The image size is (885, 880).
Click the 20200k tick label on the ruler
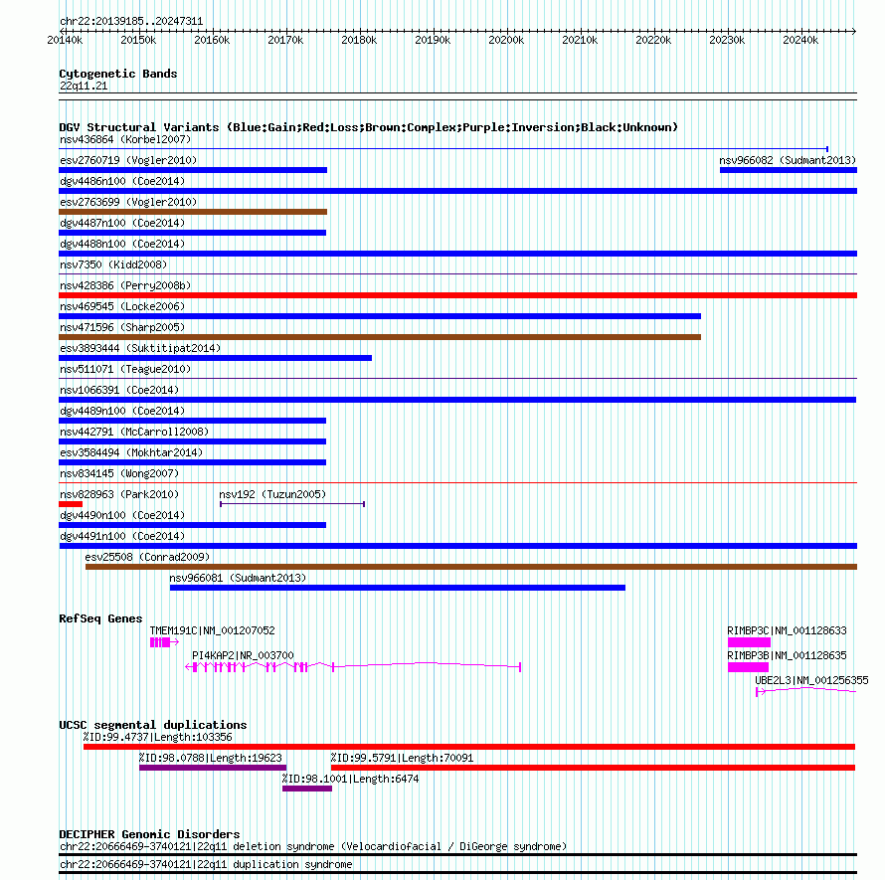click(x=506, y=40)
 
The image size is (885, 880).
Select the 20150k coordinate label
click(x=138, y=40)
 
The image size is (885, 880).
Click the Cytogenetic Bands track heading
click(x=118, y=74)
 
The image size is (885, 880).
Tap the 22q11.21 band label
click(x=84, y=87)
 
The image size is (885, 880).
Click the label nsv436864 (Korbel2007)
click(x=111, y=139)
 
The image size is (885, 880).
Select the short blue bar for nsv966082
click(x=788, y=170)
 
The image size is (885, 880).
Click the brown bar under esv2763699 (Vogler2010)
click(x=193, y=212)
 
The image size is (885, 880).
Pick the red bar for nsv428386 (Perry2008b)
click(x=457, y=295)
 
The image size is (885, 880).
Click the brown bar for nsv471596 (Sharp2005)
click(x=380, y=337)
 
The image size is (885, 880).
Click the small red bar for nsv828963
click(x=71, y=504)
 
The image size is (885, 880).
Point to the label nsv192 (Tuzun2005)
click(x=272, y=494)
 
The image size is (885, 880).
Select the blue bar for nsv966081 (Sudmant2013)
click(x=398, y=588)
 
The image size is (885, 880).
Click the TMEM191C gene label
click(x=212, y=630)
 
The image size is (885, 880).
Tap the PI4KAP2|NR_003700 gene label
click(x=243, y=655)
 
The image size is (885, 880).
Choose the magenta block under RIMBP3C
click(x=749, y=642)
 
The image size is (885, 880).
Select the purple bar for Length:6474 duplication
click(x=307, y=789)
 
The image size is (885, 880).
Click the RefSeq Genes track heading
click(x=100, y=618)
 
